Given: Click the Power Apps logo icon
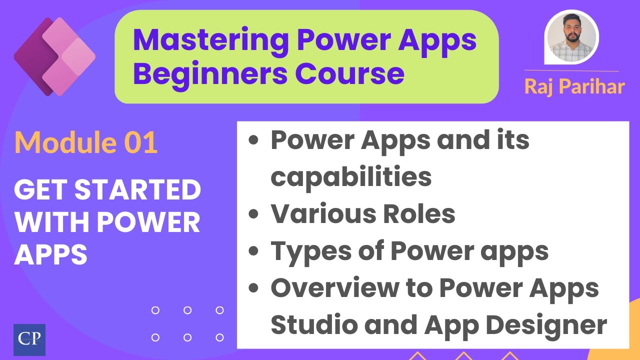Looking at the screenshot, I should [x=54, y=56].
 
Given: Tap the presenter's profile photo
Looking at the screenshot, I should [x=571, y=37].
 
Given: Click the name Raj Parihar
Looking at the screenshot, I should [x=574, y=86].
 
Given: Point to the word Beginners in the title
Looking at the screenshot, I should [x=209, y=73].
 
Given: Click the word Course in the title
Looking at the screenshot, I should [x=349, y=73].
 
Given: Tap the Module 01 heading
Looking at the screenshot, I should [x=86, y=143].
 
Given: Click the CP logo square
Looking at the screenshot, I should [x=29, y=339].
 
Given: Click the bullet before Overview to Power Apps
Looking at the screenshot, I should [x=254, y=289].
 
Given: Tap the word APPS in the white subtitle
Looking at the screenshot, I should [x=50, y=255].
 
